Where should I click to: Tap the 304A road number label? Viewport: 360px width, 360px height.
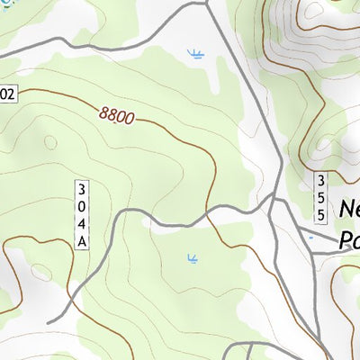(x=82, y=214)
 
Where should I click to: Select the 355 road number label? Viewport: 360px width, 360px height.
(x=320, y=196)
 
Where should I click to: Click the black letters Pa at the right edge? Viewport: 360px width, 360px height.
(x=349, y=241)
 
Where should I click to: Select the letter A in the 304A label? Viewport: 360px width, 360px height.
(x=82, y=240)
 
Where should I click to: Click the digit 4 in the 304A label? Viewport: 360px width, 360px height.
(x=82, y=223)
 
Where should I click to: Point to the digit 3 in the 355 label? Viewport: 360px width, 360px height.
(x=320, y=180)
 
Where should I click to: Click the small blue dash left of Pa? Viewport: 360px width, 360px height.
(x=310, y=238)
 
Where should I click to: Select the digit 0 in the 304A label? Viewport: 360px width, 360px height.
(x=82, y=206)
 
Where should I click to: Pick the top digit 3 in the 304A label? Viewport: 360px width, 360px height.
(x=82, y=189)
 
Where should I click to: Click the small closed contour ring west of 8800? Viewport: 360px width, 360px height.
(x=50, y=142)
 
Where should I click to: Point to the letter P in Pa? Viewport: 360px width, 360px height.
(x=345, y=241)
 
